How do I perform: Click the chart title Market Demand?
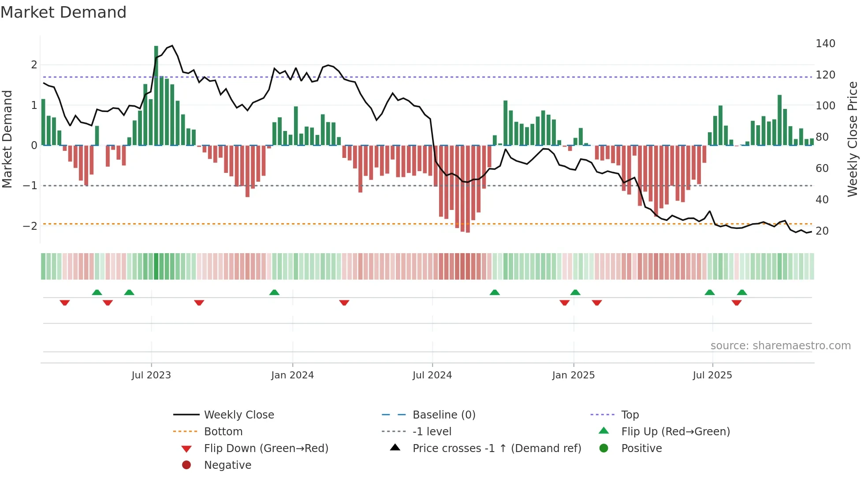tap(63, 12)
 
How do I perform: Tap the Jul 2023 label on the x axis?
tap(151, 375)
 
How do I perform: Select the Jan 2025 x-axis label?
tap(573, 375)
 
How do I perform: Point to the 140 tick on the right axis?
tap(825, 44)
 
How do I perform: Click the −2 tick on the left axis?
tap(30, 226)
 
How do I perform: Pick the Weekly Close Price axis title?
tap(853, 139)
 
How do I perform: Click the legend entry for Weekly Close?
tap(238, 415)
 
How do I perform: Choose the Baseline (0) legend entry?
tap(443, 415)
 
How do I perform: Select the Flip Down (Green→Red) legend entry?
tap(266, 449)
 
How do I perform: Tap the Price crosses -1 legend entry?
tap(496, 449)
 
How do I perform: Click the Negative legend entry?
tap(227, 465)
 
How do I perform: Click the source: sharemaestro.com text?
tap(780, 346)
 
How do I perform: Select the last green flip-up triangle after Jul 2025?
tap(742, 292)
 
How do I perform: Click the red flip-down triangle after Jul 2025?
tap(737, 303)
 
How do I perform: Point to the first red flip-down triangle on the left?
tap(65, 303)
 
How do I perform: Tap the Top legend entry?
tap(629, 415)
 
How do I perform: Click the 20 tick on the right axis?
tap(822, 231)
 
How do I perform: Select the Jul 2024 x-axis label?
tap(432, 375)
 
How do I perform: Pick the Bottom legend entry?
tap(223, 432)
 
